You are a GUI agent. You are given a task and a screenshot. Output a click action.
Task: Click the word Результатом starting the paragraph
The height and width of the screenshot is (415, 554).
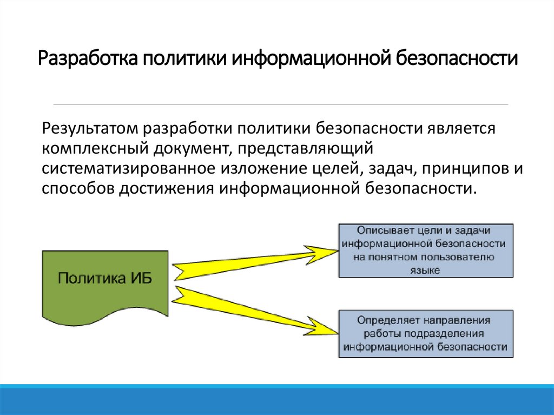coord(90,129)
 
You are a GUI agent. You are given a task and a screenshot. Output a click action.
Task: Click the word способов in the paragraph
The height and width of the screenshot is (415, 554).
coord(74,188)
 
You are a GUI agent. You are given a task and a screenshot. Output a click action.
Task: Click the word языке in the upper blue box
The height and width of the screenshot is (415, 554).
coord(425,269)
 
